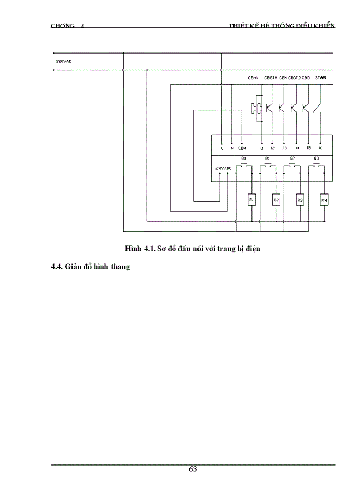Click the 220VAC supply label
pyautogui.click(x=64, y=61)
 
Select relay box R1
pyautogui.click(x=252, y=199)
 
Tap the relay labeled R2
pyautogui.click(x=276, y=199)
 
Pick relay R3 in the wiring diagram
pyautogui.click(x=300, y=199)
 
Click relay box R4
pyautogui.click(x=324, y=199)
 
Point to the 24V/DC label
pyautogui.click(x=224, y=168)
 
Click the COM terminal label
pyautogui.click(x=243, y=148)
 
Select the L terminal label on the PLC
pyautogui.click(x=221, y=148)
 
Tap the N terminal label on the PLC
pyautogui.click(x=232, y=148)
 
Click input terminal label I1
pyautogui.click(x=262, y=148)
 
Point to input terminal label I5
pyautogui.click(x=308, y=148)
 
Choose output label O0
pyautogui.click(x=244, y=158)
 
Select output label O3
pyautogui.click(x=316, y=158)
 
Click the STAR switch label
pyautogui.click(x=320, y=78)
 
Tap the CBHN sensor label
pyautogui.click(x=253, y=78)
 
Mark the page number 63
pyautogui.click(x=193, y=469)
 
